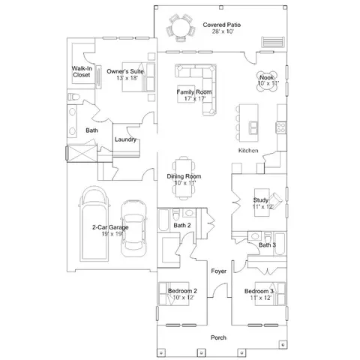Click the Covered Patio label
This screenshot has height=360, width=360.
pos(222,25)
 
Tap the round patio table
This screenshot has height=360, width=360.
pos(181,28)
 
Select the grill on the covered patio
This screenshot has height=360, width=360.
pos(273,42)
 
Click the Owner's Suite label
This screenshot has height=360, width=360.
pos(125,71)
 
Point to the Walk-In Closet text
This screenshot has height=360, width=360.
pos(82,71)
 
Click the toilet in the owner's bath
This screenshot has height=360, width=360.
pos(73,97)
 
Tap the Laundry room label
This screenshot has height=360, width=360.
pos(125,139)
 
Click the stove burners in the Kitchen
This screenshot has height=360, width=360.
pos(280,127)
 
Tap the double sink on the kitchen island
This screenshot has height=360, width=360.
pos(253,127)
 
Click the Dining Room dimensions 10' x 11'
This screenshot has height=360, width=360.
pos(184,183)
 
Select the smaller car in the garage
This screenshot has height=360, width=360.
pos(133,228)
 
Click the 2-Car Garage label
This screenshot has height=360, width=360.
pos(110,227)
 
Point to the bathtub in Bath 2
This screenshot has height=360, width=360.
pos(163,220)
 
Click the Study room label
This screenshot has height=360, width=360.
pos(261,200)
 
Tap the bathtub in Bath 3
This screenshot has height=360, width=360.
pos(280,244)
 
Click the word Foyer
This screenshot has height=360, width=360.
pos(218,271)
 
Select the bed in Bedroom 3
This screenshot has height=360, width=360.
pos(270,294)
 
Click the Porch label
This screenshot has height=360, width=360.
pos(218,337)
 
